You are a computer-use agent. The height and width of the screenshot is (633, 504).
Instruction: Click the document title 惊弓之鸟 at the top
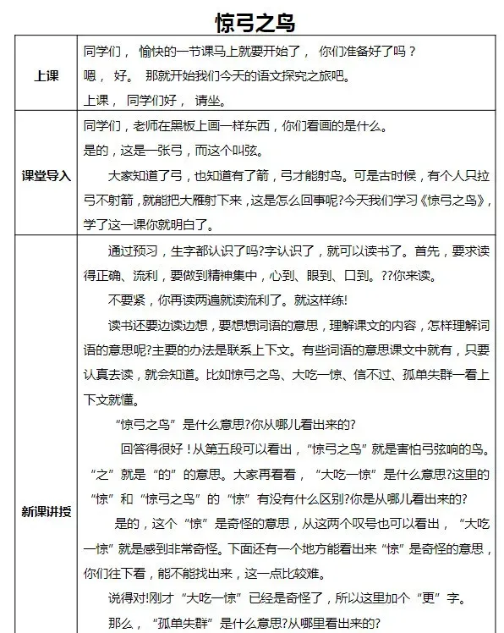pyautogui.click(x=252, y=19)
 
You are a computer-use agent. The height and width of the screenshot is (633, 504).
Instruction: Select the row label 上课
pyautogui.click(x=46, y=75)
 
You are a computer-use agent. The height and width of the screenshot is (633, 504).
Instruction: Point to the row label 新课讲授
pyautogui.click(x=46, y=512)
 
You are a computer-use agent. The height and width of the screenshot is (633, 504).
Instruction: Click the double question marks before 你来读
pyautogui.click(x=387, y=277)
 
